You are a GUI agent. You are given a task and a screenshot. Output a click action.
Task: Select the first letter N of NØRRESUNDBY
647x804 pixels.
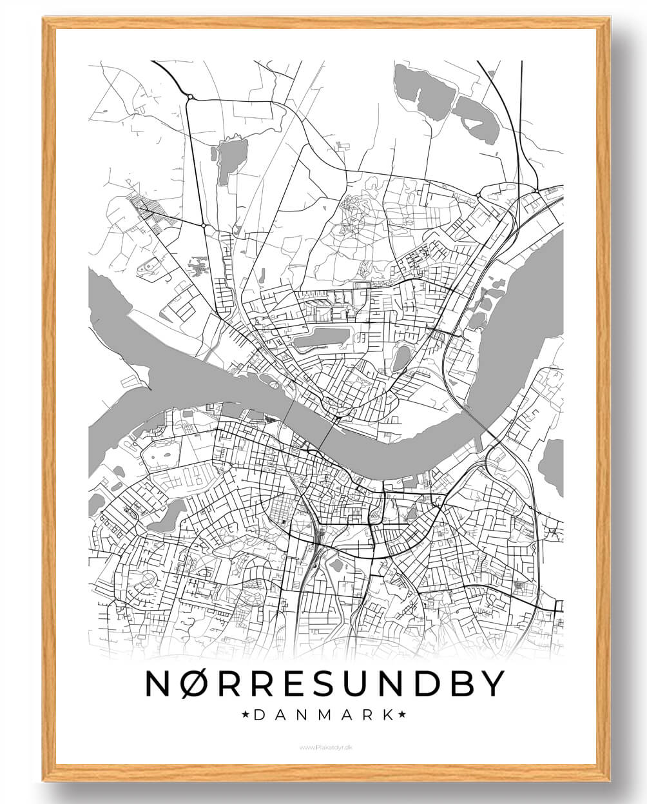pos(158,683)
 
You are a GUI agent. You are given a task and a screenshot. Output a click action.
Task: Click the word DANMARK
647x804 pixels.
pos(324,714)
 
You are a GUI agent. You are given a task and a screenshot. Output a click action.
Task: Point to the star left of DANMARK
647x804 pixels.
pos(245,714)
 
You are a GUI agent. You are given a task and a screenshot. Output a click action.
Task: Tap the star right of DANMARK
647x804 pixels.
pos(403,714)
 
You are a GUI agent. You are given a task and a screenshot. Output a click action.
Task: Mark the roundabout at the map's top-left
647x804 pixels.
pos(190,97)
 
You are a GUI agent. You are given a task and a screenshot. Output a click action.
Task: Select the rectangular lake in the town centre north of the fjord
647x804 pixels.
pos(320,337)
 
